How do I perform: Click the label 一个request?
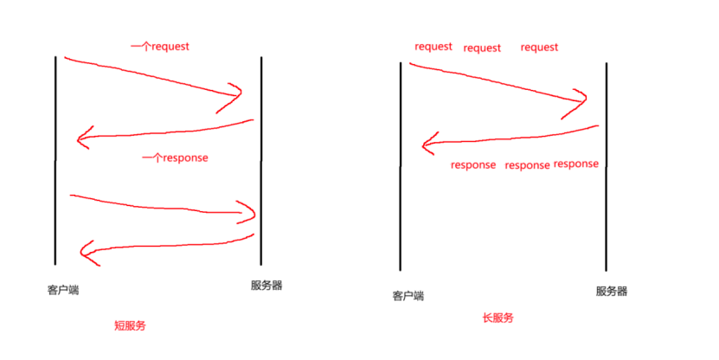coord(159,46)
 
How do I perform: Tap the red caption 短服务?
coord(131,326)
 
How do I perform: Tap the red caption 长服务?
coord(498,318)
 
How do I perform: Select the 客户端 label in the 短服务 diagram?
coord(63,289)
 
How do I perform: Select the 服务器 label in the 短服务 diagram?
coord(266,286)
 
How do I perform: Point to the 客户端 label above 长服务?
coord(408,296)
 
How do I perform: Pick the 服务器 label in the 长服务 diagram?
coord(612,291)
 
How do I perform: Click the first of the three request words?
coord(433,47)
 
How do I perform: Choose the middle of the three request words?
coord(482,48)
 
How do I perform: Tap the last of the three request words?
coord(539,48)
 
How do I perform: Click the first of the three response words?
coord(473,164)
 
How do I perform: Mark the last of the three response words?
coord(575,164)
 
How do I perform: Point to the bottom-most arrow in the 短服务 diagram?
coord(164,246)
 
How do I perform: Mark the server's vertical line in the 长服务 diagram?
coord(606,164)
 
